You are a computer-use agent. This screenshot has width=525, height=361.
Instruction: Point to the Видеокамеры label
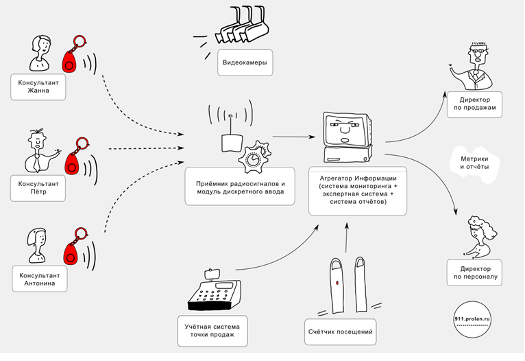[x=244, y=64]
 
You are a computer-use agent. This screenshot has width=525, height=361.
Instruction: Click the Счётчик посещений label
[x=341, y=334]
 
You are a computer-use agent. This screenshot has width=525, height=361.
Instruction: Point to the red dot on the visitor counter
[x=337, y=281]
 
